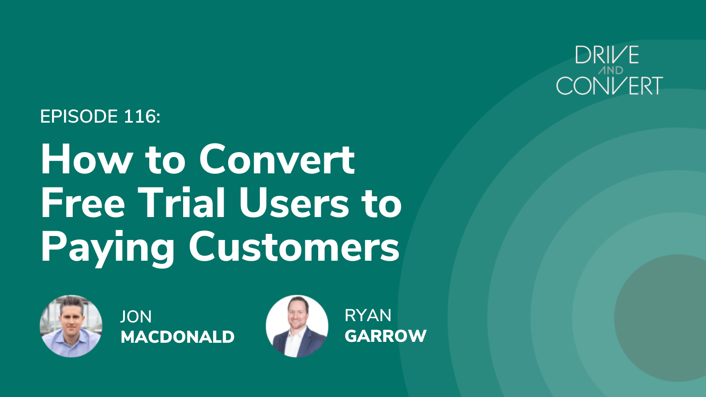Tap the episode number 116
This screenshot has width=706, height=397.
click(x=140, y=117)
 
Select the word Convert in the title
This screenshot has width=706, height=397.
click(x=277, y=160)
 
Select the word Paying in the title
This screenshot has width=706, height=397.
click(x=108, y=248)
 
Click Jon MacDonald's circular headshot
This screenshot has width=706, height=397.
click(x=71, y=326)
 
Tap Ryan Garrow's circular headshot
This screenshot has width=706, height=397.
click(x=297, y=326)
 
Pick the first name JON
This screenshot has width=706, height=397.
click(x=136, y=317)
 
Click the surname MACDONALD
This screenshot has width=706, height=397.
click(x=177, y=337)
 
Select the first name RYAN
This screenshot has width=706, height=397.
click(x=368, y=316)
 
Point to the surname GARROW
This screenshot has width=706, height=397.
click(x=385, y=336)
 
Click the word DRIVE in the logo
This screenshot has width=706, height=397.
click(x=607, y=56)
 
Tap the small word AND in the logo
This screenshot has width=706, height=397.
click(x=611, y=70)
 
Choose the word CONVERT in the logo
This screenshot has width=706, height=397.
click(x=609, y=86)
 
